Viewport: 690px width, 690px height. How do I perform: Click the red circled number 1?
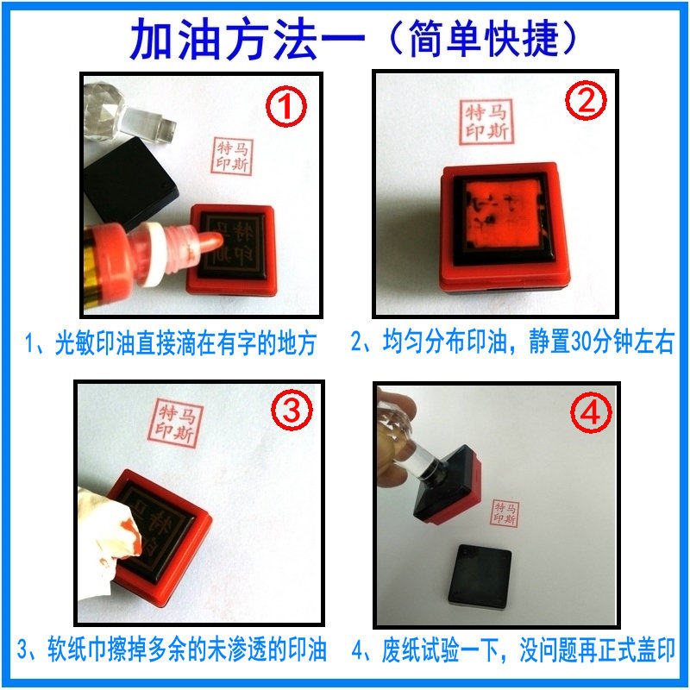(x=286, y=106)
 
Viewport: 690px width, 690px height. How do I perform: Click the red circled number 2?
(x=586, y=100)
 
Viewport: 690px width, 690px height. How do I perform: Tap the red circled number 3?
(x=292, y=411)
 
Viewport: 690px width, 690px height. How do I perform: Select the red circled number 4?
(x=591, y=412)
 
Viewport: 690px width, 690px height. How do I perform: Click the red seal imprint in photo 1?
(x=232, y=156)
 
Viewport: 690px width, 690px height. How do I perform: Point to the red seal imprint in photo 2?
(x=486, y=122)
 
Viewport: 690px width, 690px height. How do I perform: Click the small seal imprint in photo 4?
(x=505, y=513)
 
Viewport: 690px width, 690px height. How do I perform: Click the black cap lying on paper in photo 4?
(x=480, y=575)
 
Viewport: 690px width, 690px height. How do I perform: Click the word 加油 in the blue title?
(x=175, y=39)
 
